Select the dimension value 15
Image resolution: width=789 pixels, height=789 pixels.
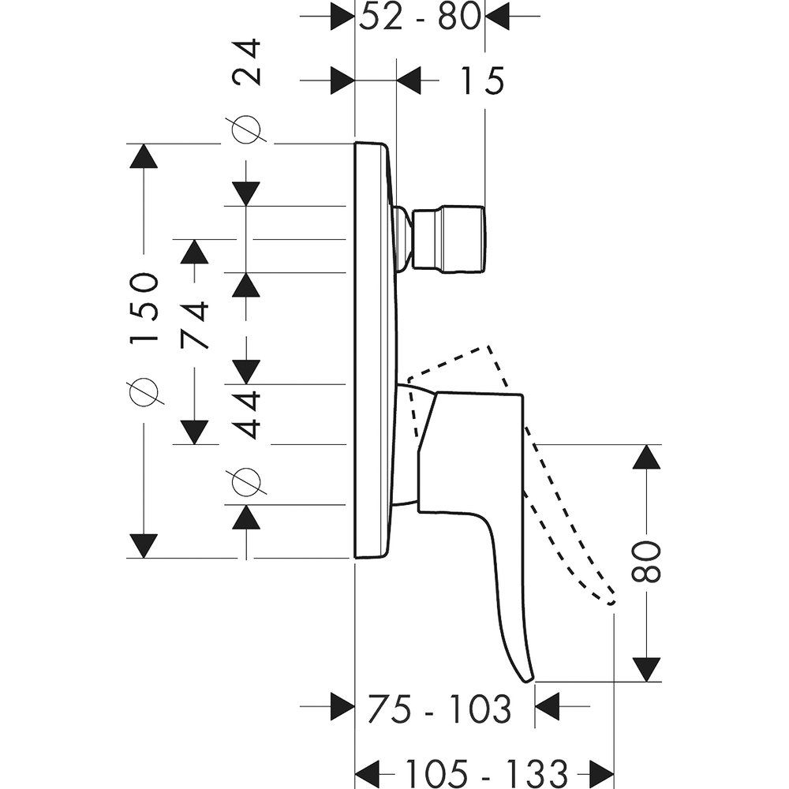coord(479,80)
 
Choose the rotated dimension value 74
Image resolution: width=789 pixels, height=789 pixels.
coord(194,324)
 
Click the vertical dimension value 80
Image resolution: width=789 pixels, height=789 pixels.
coord(647,561)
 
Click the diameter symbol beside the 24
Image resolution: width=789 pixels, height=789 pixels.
coord(245,130)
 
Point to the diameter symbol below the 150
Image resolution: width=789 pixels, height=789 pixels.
coord(144,391)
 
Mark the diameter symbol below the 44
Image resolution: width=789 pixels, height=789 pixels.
coord(245,482)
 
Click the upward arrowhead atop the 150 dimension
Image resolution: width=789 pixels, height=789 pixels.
coord(143,155)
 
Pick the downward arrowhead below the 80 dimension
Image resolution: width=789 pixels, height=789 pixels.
coord(647,669)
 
